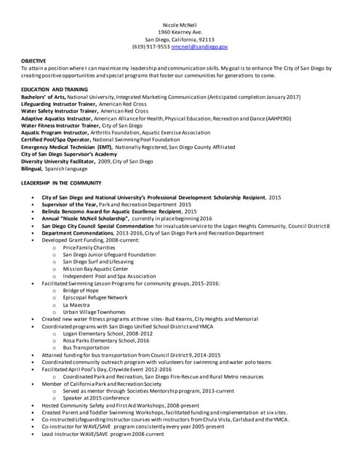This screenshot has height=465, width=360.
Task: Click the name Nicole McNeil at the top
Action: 180,24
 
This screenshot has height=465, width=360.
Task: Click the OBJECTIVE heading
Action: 33,61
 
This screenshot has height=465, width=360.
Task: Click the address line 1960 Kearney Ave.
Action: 180,31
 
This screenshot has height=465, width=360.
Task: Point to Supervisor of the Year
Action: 70,204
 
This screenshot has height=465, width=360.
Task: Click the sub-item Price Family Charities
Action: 89,247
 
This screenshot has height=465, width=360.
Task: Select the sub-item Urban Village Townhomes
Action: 95,311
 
